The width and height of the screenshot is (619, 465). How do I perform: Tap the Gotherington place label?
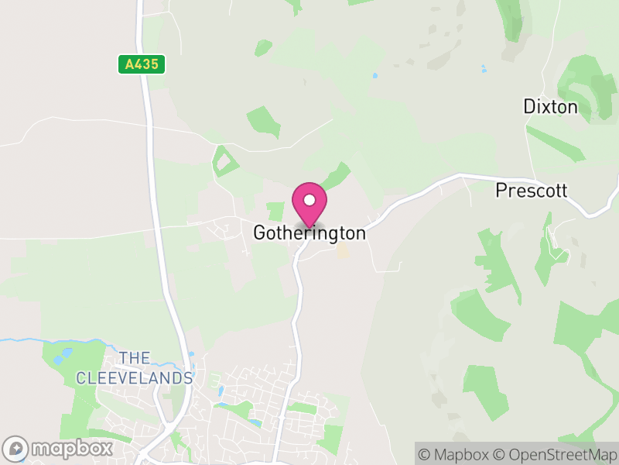click(309, 233)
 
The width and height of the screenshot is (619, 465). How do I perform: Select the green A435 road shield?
click(142, 64)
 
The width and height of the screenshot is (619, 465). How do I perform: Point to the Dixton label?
click(550, 107)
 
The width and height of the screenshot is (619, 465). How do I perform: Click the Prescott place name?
click(532, 190)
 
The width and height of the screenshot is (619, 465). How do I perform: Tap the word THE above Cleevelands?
click(135, 358)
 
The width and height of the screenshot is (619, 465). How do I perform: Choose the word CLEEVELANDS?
click(134, 378)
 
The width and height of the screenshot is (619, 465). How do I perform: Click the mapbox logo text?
click(72, 448)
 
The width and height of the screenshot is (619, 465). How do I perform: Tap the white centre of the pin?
click(309, 200)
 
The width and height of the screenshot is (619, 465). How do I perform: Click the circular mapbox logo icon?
click(16, 448)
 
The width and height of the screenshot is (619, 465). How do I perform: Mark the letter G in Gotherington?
click(260, 233)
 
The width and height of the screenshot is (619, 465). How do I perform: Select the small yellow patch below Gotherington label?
click(341, 252)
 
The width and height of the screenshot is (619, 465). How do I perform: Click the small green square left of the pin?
click(275, 212)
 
